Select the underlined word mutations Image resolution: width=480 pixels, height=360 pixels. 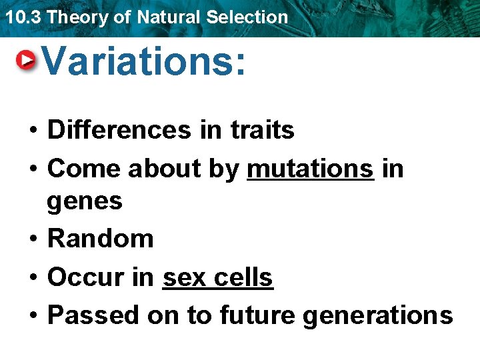(310, 169)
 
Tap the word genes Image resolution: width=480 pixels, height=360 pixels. (85, 201)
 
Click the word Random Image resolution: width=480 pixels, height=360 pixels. (101, 238)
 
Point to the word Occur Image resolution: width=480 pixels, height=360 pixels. (85, 277)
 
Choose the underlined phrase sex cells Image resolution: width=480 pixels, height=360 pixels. (217, 277)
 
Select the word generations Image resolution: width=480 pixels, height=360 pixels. (377, 315)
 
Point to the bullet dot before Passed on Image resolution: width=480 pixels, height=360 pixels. (32, 315)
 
